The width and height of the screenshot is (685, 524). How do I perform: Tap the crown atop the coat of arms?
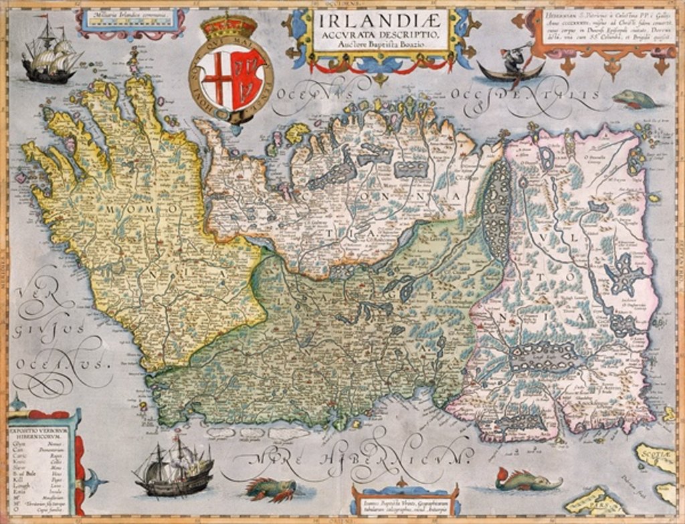[229, 27]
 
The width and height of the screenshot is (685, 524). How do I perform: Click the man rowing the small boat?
[512, 62]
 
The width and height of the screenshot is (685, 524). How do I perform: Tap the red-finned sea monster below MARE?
[271, 489]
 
